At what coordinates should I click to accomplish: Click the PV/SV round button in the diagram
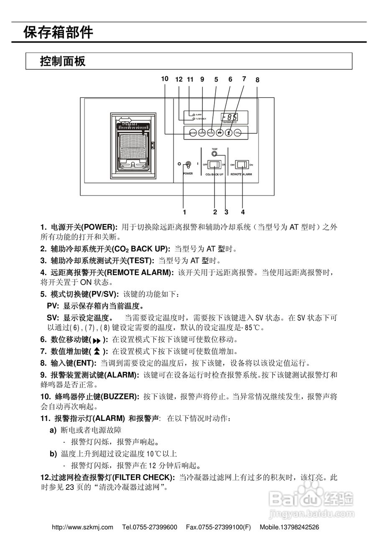pos(211,133)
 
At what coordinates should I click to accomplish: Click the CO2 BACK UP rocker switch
pos(215,164)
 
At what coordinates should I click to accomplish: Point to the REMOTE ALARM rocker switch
pos(243,164)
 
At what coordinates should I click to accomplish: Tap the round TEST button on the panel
pos(215,154)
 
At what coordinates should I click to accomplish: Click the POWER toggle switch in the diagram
pos(188,165)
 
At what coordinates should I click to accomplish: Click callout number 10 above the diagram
pos(164,79)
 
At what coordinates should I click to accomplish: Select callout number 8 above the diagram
pos(257,79)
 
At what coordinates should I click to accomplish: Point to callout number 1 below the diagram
pos(184,211)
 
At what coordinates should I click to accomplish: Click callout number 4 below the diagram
pos(243,211)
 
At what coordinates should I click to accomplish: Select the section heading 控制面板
pos(63,61)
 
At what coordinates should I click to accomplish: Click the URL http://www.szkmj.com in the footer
pos(82,527)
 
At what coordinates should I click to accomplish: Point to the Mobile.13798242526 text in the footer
pos(289,527)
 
